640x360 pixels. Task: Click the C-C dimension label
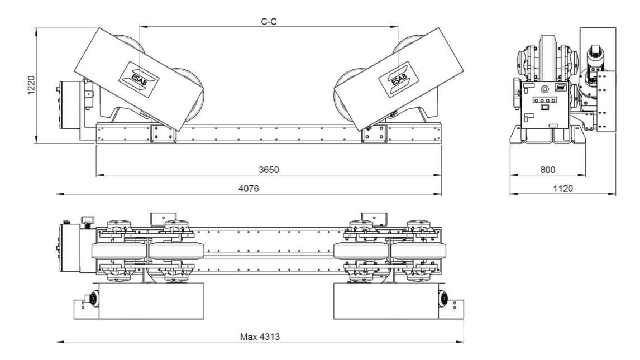269,21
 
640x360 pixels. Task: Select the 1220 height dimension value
32,85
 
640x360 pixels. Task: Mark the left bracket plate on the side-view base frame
163,134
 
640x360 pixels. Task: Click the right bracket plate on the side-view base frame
374,134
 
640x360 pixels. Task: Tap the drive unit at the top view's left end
71,247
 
